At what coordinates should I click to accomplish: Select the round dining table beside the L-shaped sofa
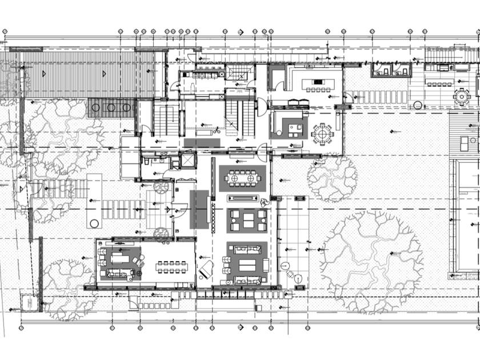pos(322,134)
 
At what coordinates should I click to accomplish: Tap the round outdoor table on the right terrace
pos(461,96)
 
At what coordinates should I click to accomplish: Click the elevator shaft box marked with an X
pos(187,161)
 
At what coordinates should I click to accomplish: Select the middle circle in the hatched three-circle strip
pos(111,107)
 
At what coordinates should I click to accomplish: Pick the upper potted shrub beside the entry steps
pos(162,186)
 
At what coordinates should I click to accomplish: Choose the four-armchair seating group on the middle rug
pos(247,220)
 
